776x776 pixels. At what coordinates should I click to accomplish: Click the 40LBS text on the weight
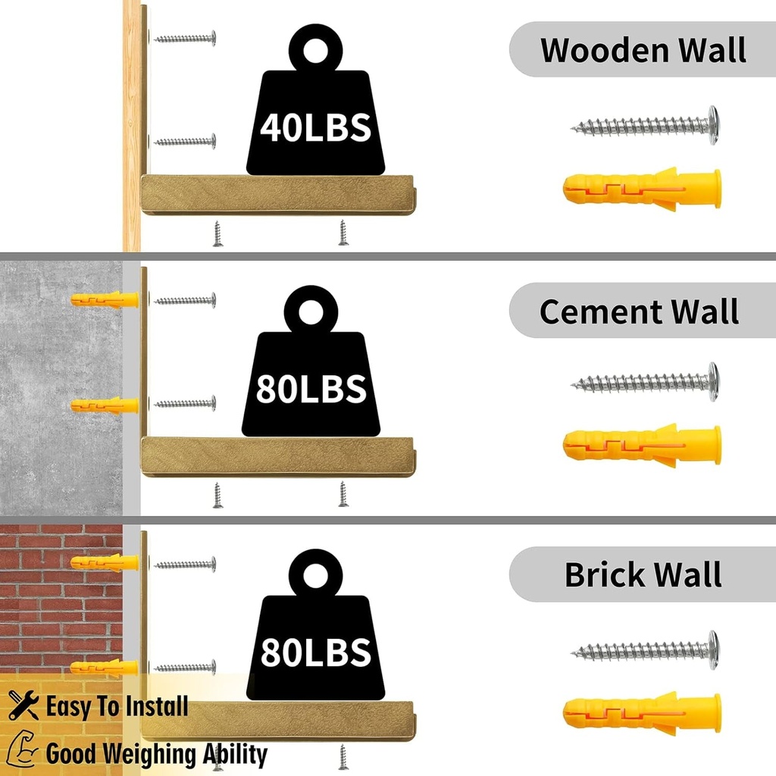(315, 127)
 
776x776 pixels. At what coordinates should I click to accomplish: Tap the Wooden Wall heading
(643, 50)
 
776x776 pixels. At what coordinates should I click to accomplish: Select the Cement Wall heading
(639, 311)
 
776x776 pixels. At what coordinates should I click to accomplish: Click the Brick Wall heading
(643, 574)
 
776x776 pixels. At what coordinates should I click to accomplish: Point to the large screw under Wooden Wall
(645, 126)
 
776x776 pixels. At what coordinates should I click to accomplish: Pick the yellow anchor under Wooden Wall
(642, 189)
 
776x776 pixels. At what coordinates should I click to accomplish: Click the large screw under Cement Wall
(645, 382)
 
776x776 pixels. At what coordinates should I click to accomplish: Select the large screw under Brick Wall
(645, 650)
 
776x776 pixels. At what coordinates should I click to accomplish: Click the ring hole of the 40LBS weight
(315, 51)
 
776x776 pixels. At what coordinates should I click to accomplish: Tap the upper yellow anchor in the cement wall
(105, 299)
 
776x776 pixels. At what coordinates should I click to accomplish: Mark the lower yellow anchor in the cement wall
(105, 405)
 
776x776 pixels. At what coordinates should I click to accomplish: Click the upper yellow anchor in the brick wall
(105, 563)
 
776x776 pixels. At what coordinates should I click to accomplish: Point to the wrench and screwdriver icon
(23, 705)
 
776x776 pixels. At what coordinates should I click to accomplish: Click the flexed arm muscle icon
(23, 749)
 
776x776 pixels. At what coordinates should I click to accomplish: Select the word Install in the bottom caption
(157, 706)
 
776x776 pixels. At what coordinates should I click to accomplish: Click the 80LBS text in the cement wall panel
(311, 389)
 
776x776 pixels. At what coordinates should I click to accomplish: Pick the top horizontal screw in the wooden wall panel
(185, 38)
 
